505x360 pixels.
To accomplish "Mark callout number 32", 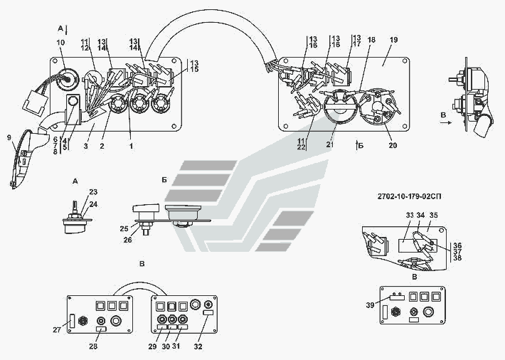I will point(199,345).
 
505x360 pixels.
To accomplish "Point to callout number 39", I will point(370,305).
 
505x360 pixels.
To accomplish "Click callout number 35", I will point(433,215).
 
